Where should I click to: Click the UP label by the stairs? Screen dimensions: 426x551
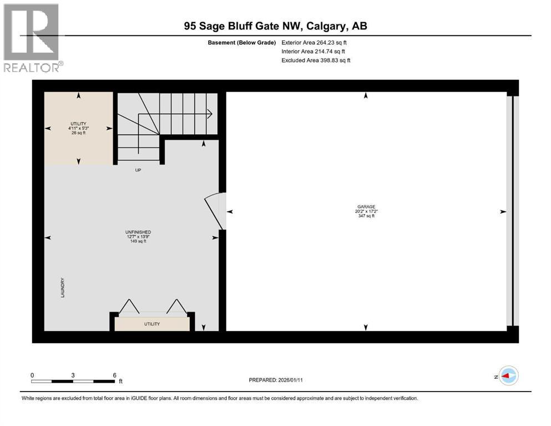(138, 170)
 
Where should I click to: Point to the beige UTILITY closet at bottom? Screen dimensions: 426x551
(152, 323)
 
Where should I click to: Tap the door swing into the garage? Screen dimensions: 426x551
(215, 211)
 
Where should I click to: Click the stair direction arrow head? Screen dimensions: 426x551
(210, 114)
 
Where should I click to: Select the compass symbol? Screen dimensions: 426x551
(507, 377)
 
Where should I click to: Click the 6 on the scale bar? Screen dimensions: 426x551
(114, 375)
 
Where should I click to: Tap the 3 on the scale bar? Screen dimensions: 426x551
(73, 375)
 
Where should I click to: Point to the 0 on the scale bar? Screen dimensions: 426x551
(32, 375)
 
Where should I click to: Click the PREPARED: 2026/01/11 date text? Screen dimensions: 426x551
(276, 380)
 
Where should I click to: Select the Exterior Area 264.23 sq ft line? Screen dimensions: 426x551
(316, 42)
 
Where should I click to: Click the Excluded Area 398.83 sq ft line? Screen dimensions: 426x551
(316, 60)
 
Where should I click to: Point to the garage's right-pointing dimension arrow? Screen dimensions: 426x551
(503, 211)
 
